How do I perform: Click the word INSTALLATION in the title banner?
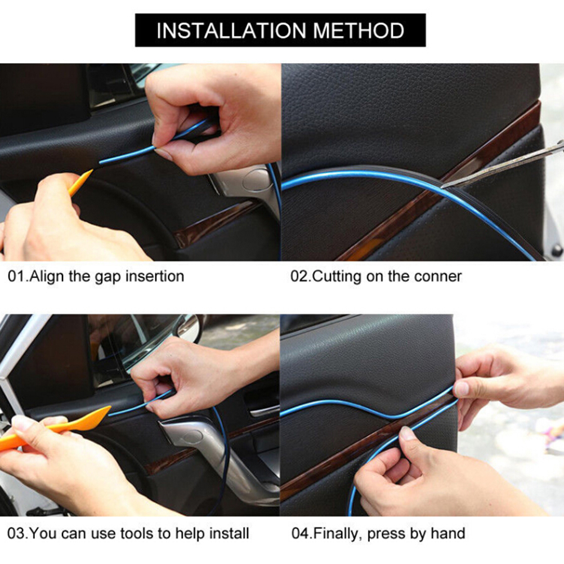point(231,30)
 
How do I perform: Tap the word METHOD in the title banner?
point(359,30)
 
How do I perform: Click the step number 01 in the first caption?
point(16,276)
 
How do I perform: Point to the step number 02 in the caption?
point(299,276)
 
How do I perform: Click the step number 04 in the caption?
point(299,533)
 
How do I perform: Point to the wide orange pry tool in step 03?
point(54,427)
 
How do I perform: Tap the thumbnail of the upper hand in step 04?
point(462,389)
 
